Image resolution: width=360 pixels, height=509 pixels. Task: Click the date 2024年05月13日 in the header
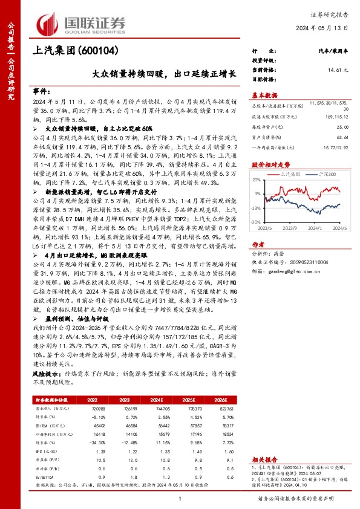point(327,28)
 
